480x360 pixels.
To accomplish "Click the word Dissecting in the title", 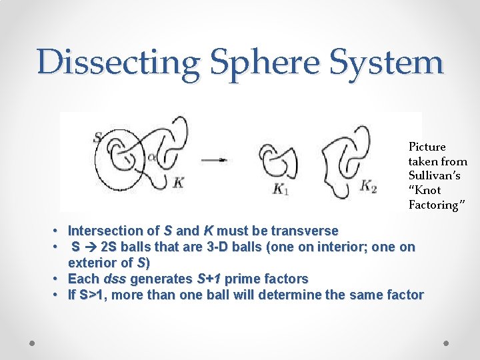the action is click(x=119, y=62).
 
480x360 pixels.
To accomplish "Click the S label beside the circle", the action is click(x=98, y=138).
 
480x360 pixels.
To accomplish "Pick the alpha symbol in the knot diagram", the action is click(x=153, y=157).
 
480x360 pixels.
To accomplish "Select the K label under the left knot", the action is click(x=178, y=183).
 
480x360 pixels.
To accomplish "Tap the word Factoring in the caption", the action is click(x=433, y=205).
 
